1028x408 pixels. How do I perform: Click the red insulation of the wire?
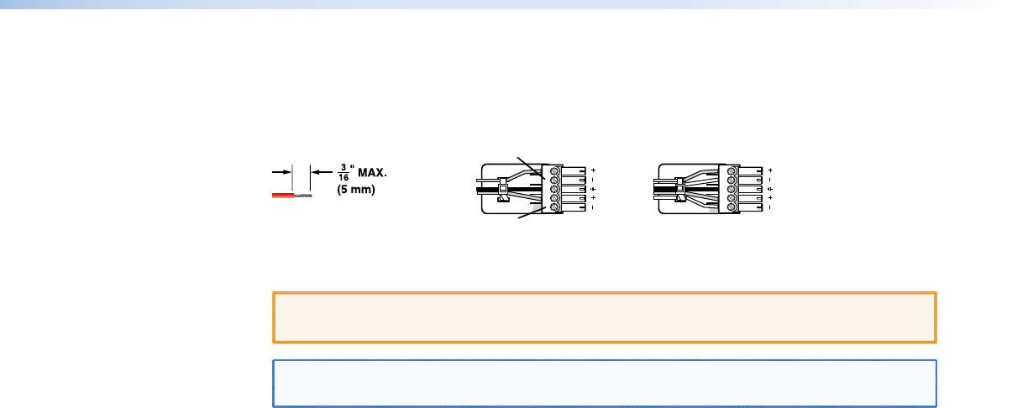click(x=283, y=196)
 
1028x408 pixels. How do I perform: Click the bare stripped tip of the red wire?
click(x=303, y=196)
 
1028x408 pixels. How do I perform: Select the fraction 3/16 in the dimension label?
click(x=344, y=173)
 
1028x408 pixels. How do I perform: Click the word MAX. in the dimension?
click(x=372, y=173)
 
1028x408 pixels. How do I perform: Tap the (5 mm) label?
click(x=356, y=190)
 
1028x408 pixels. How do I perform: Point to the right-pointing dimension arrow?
click(x=281, y=172)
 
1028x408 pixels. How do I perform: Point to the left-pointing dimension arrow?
click(x=322, y=172)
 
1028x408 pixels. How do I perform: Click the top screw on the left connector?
click(x=554, y=170)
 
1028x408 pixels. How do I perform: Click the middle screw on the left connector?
click(x=554, y=189)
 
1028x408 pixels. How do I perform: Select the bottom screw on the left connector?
click(x=554, y=207)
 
